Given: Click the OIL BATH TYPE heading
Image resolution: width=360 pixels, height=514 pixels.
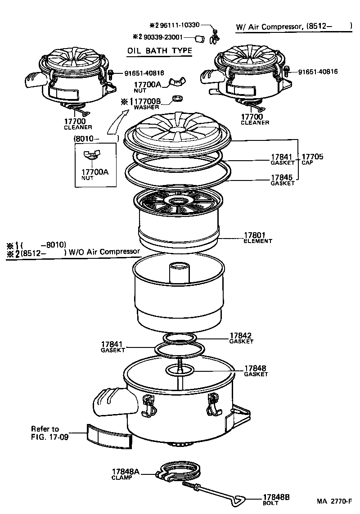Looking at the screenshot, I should click(160, 50).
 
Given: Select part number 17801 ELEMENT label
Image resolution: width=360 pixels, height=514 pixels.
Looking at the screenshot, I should click(258, 237).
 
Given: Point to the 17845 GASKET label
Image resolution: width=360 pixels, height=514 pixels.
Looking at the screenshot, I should click(282, 180).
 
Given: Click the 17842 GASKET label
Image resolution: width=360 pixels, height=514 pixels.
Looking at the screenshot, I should click(241, 338).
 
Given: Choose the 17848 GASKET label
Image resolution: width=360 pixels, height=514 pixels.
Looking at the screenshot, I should click(256, 370).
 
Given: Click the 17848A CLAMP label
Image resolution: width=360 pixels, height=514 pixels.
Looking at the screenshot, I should click(126, 473).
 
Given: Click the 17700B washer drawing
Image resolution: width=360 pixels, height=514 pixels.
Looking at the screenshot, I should click(179, 99).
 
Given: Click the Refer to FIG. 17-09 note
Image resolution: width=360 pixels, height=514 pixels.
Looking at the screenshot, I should click(49, 433).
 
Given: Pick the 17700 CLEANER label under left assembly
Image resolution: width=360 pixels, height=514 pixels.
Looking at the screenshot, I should click(77, 124).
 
